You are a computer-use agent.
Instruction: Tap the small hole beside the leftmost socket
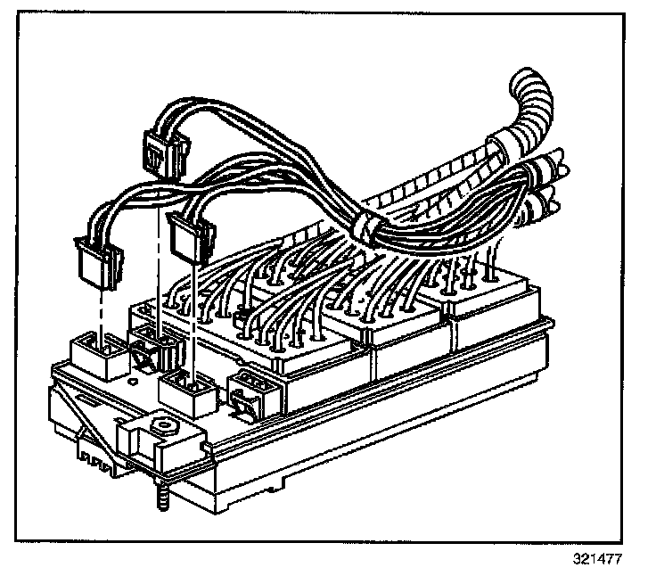(133, 382)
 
